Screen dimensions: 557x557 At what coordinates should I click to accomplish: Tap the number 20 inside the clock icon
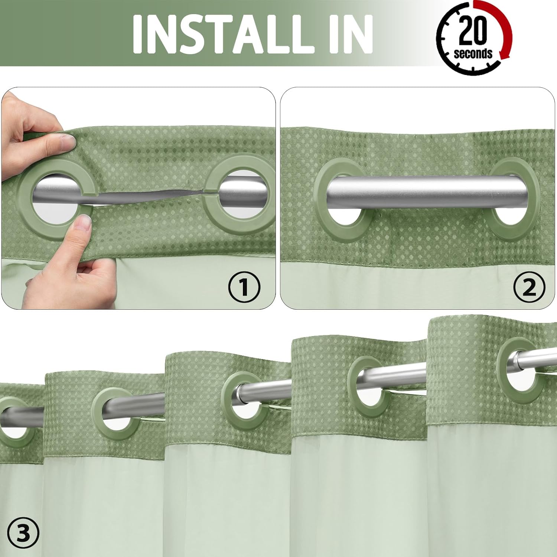pos(473,32)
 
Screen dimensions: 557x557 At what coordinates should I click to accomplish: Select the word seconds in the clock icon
pos(473,53)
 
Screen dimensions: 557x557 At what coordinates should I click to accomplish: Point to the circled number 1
pos(244,286)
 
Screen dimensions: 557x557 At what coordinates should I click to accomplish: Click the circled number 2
pos(529,286)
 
